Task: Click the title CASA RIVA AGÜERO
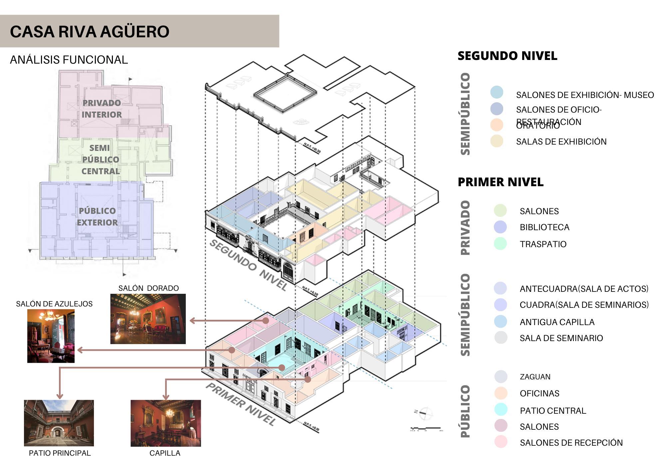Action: coord(90,32)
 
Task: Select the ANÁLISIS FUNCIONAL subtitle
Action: coord(69,60)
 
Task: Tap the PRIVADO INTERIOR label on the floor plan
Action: coord(102,109)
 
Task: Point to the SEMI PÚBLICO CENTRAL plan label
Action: coord(100,159)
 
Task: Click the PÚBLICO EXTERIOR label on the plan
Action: coord(97,217)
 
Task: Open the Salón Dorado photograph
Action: coord(148,319)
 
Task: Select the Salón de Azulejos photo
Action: coord(51,336)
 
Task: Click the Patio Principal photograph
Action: coord(59,423)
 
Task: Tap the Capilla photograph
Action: coord(166,423)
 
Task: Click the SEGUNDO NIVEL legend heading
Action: coord(507,56)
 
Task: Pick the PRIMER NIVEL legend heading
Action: coord(500,182)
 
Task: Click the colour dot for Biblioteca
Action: coord(500,227)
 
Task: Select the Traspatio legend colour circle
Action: coord(500,243)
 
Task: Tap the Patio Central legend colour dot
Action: coord(500,409)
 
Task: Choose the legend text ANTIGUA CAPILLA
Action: coord(557,322)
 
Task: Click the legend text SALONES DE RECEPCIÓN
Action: coord(571,443)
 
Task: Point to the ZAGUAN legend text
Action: coord(535,377)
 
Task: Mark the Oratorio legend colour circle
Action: coord(497,125)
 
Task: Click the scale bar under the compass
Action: coord(426,428)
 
